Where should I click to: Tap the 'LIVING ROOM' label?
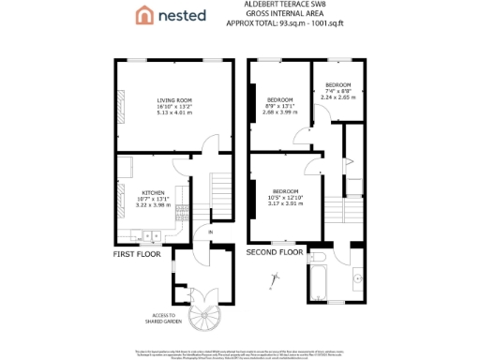(174, 100)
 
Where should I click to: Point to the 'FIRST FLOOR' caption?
(137, 253)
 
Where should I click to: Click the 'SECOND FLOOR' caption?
(275, 252)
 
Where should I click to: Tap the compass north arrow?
(276, 278)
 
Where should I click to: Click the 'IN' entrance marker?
(211, 232)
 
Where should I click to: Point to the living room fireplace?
(119, 100)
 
